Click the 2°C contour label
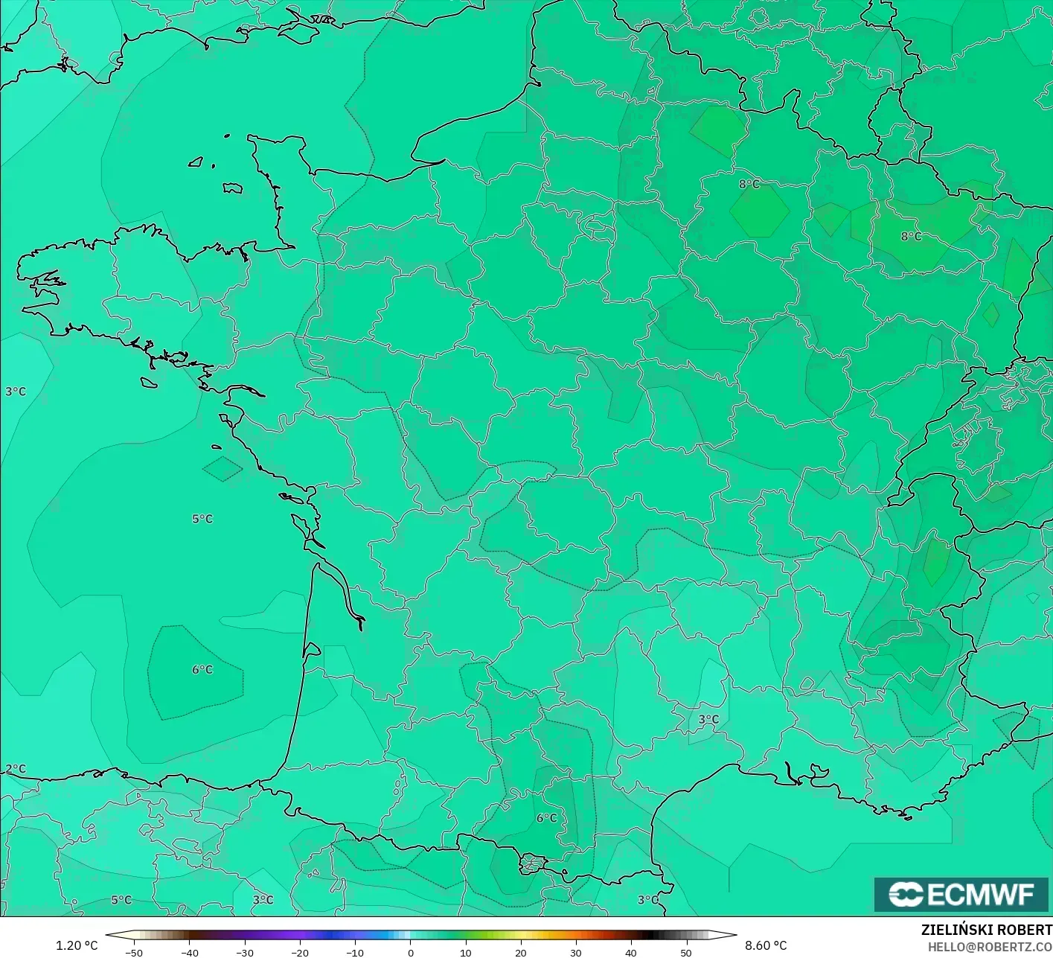16,769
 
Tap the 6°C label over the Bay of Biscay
202,670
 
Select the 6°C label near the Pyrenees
547,818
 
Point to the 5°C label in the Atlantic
202,519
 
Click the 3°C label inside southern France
708,719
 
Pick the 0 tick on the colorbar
411,952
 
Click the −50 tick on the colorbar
133,952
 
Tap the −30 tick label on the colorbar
244,952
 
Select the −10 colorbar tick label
355,952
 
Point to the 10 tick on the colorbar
466,952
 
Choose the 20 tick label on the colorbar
521,952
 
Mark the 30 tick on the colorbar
576,952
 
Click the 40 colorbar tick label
631,952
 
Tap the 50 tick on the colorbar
686,952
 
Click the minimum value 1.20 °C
77,945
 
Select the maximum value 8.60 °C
766,945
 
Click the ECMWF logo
961,894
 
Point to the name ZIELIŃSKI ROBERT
986,930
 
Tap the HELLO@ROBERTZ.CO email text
990,946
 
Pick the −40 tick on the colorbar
189,952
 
